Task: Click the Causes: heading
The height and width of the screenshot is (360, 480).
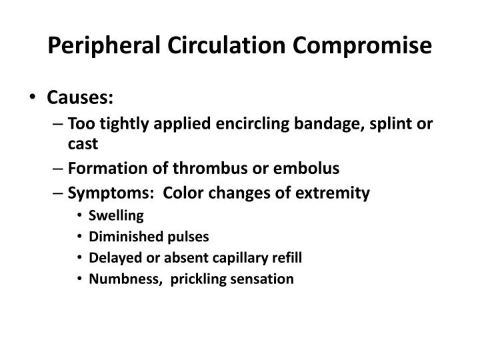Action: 80,99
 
